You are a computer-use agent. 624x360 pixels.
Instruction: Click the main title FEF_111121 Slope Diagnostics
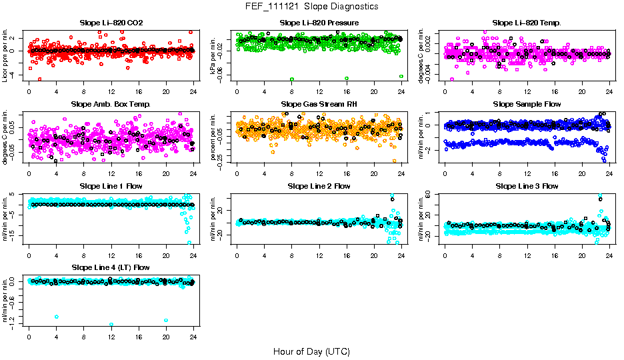(312, 7)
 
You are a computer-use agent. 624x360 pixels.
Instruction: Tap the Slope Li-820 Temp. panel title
(527, 23)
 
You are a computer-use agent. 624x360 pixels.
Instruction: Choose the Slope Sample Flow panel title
(527, 105)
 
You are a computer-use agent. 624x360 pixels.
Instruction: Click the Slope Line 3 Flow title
(527, 186)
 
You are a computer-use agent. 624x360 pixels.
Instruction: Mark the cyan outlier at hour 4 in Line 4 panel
(57, 317)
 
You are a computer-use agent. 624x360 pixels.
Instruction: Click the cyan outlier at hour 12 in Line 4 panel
(111, 325)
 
